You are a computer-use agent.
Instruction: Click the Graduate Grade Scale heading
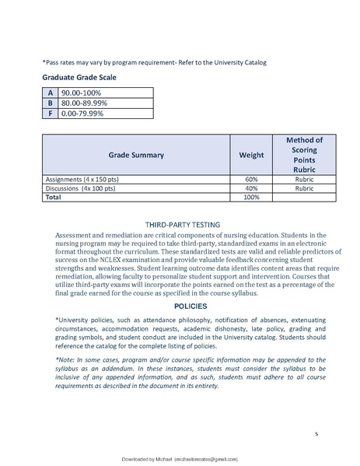pyautogui.click(x=83, y=78)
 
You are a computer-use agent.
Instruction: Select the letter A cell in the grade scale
pyautogui.click(x=51, y=93)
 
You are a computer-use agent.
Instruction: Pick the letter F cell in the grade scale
pyautogui.click(x=51, y=112)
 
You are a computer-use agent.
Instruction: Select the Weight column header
pyautogui.click(x=250, y=155)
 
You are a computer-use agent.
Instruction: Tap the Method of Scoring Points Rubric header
pyautogui.click(x=304, y=154)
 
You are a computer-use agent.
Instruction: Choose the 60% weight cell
pyautogui.click(x=250, y=179)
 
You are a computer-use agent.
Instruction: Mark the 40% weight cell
pyautogui.click(x=250, y=188)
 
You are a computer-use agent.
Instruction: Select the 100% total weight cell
pyautogui.click(x=250, y=198)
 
